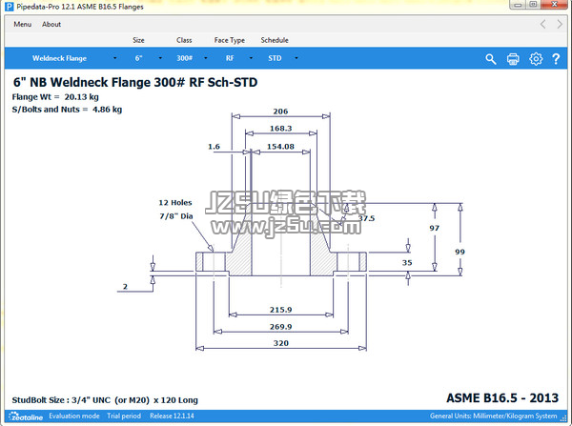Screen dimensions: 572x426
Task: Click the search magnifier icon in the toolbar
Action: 491,59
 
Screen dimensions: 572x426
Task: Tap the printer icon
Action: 513,59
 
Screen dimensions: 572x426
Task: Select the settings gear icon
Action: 536,59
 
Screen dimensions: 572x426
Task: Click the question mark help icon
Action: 556,59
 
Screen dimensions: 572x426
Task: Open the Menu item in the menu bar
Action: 23,25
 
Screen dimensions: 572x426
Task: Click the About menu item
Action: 51,25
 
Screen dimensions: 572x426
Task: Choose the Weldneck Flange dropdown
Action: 59,58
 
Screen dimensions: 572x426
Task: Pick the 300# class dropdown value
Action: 185,58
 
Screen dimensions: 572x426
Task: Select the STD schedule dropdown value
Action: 275,58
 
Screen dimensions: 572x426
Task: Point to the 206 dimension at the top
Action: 280,112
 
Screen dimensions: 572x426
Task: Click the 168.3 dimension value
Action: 280,129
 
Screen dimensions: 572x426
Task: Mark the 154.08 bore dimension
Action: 280,147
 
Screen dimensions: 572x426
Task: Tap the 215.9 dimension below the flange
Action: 280,310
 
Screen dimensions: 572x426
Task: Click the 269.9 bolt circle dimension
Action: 280,327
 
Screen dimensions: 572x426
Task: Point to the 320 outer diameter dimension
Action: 281,343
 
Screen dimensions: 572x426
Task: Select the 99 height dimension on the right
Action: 460,252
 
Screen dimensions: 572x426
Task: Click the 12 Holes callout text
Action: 175,203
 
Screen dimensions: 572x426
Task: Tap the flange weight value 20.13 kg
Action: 81,97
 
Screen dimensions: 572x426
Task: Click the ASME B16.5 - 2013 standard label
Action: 502,398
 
